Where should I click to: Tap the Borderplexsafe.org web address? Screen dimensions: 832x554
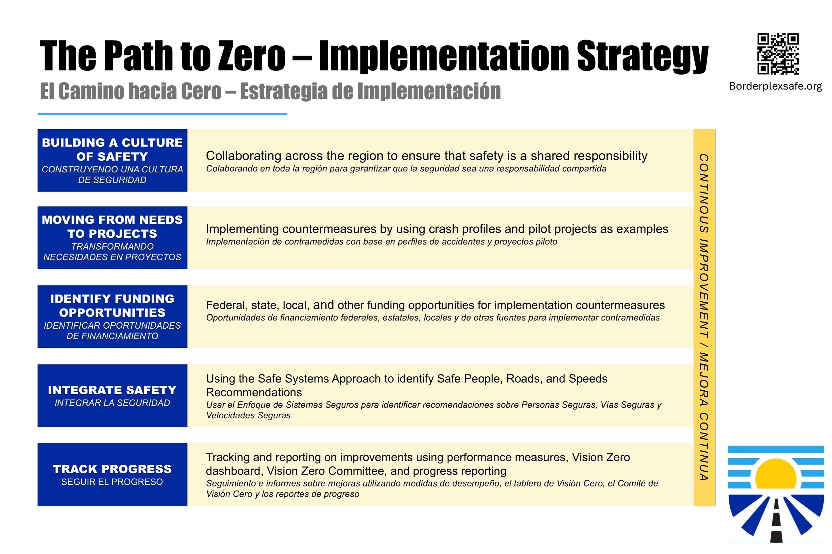click(x=775, y=86)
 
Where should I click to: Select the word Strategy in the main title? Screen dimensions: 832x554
click(x=642, y=57)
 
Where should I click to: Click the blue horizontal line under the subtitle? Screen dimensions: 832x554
click(x=162, y=114)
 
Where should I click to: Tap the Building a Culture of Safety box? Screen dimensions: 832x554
click(x=112, y=160)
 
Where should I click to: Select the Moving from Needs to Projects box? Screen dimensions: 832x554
click(x=112, y=237)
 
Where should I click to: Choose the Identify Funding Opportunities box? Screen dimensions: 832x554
click(x=112, y=317)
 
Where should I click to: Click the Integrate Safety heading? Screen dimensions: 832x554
click(x=112, y=390)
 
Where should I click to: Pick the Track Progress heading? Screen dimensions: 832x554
click(x=112, y=469)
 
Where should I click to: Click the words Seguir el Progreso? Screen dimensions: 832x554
click(x=112, y=482)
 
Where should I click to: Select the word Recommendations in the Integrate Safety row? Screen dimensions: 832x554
click(x=254, y=392)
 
